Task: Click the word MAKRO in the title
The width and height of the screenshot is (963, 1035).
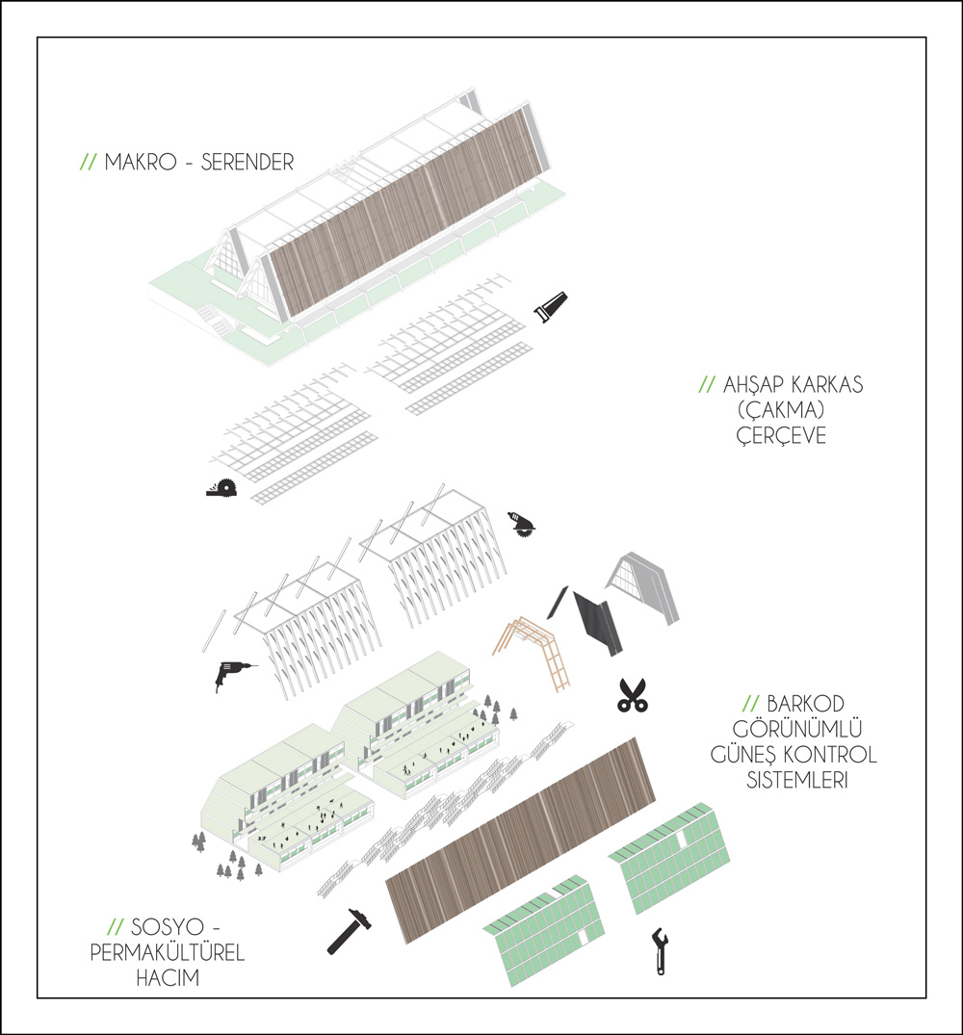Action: click(141, 162)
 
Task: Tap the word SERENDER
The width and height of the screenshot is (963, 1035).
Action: click(247, 162)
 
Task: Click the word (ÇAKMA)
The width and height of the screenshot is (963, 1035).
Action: click(782, 410)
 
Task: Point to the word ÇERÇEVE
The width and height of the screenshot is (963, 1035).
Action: click(782, 435)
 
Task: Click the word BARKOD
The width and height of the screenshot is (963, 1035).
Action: click(805, 704)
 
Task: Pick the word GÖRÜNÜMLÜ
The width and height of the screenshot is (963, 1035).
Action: click(797, 729)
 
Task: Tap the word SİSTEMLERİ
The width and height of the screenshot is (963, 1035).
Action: click(797, 780)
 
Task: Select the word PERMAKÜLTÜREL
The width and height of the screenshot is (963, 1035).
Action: click(168, 952)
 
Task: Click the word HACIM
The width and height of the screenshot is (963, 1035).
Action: click(168, 977)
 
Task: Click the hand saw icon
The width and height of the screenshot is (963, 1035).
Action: click(551, 307)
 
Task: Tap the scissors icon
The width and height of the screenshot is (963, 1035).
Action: click(633, 696)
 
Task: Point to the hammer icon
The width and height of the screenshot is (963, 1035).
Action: click(350, 931)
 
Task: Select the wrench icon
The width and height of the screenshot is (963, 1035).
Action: click(660, 951)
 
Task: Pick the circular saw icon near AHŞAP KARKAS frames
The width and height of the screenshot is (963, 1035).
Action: click(221, 488)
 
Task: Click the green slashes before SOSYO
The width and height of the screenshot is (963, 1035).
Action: click(116, 927)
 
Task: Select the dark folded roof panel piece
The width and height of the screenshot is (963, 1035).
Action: click(599, 621)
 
